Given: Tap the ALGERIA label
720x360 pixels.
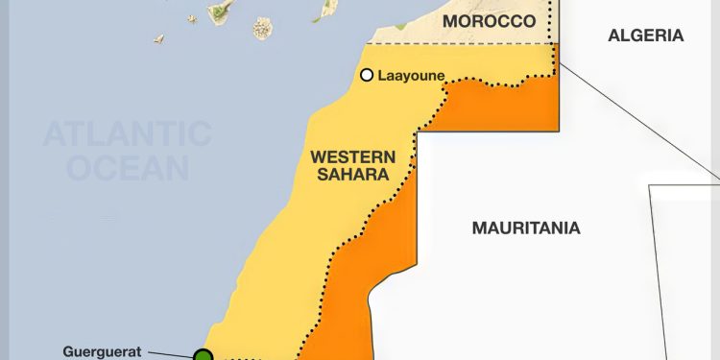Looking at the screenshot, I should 645,36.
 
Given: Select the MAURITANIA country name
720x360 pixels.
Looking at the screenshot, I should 526,228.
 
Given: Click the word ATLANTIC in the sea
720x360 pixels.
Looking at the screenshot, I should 128,133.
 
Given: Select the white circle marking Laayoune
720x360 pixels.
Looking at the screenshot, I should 366,75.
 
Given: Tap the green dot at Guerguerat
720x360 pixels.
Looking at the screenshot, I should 204,356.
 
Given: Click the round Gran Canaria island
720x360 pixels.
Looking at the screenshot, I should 263,28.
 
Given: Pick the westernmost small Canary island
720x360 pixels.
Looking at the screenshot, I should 159,39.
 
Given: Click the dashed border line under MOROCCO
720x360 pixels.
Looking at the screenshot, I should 461,43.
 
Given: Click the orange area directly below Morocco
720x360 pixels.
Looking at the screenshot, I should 509,106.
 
